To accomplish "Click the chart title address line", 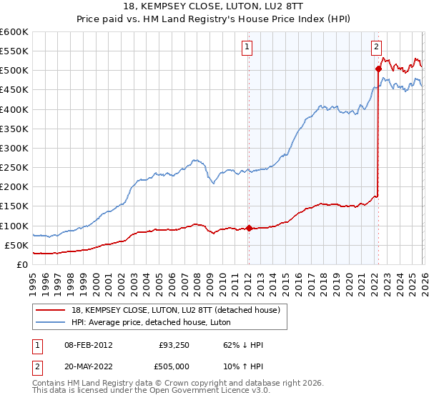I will coord(214,6).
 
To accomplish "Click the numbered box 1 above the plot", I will coord(247,48).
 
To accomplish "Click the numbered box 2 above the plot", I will coord(376,48).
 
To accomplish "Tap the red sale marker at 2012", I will coord(249,229).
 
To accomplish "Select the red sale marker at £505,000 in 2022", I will coord(378,69).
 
